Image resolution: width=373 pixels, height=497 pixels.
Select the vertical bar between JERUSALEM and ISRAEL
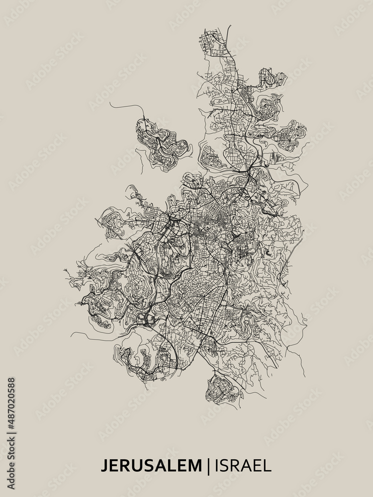pyautogui.click(x=208, y=466)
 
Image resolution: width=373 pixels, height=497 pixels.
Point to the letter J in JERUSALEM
pyautogui.click(x=104, y=466)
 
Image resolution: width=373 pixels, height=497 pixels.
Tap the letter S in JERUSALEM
pyautogui.click(x=148, y=466)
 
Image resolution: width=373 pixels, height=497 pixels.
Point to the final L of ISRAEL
pyautogui.click(x=268, y=466)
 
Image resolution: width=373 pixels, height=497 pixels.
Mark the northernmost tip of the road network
pyautogui.click(x=228, y=27)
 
